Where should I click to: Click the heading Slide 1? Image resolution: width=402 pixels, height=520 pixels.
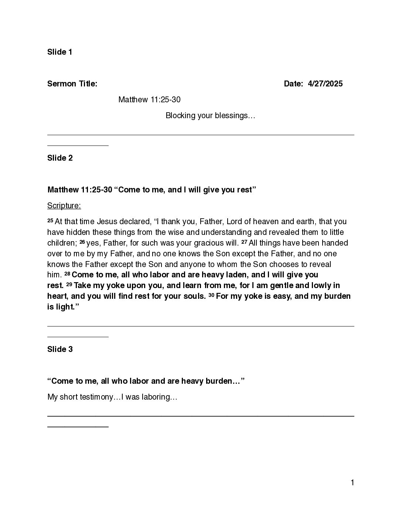59,52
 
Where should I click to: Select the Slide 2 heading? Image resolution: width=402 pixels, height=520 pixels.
60,158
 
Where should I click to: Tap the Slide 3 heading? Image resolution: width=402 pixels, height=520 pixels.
60,349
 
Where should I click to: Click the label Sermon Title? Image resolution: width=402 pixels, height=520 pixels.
72,84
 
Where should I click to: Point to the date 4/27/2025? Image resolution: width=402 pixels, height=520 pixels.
325,84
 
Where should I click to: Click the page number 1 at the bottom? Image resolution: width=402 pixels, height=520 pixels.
352,483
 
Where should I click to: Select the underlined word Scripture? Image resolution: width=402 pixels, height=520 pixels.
64,206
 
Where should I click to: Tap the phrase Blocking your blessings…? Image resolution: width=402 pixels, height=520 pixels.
210,116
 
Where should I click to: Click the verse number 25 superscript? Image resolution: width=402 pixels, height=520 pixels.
50,220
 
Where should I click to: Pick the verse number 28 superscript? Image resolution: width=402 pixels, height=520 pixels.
67,274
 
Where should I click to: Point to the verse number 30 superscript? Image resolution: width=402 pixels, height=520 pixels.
211,295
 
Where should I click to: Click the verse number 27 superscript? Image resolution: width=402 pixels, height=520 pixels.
244,242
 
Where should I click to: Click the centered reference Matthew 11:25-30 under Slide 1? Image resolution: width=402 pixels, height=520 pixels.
149,100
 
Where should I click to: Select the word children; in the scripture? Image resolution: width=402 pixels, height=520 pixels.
62,243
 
